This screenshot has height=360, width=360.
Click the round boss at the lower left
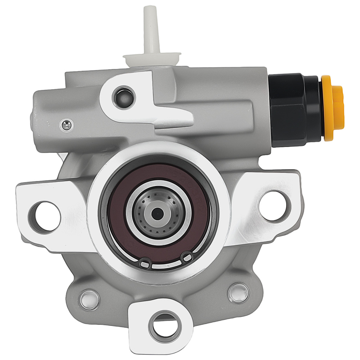[x=89, y=298]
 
